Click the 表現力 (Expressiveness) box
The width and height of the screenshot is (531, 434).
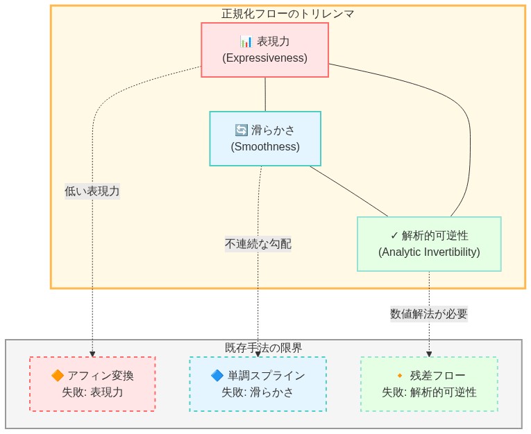tap(264, 49)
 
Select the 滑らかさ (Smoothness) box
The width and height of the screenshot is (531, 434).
tap(265, 138)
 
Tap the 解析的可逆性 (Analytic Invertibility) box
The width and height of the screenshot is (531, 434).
tap(429, 243)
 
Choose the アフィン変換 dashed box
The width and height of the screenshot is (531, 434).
tap(92, 383)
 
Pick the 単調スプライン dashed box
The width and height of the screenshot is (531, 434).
tap(258, 383)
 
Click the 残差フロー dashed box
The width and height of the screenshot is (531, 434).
tap(429, 383)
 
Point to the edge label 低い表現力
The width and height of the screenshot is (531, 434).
tap(92, 191)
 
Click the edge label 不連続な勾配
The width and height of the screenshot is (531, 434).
tap(258, 243)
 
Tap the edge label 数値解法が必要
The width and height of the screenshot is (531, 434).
tap(429, 313)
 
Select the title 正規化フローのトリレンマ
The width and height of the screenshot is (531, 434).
tap(287, 13)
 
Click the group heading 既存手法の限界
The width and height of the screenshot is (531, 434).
tap(264, 347)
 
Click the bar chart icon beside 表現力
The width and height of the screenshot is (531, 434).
tap(246, 42)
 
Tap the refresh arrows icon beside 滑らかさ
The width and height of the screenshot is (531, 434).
tap(241, 130)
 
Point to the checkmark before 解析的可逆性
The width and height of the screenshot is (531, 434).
tap(394, 236)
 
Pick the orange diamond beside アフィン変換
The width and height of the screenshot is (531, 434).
tap(58, 375)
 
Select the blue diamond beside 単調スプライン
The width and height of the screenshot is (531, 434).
tap(217, 375)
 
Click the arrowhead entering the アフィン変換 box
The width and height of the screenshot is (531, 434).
tap(92, 354)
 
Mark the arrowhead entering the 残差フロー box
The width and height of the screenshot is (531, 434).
tap(429, 354)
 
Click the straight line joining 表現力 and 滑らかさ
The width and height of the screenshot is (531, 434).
tap(265, 94)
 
